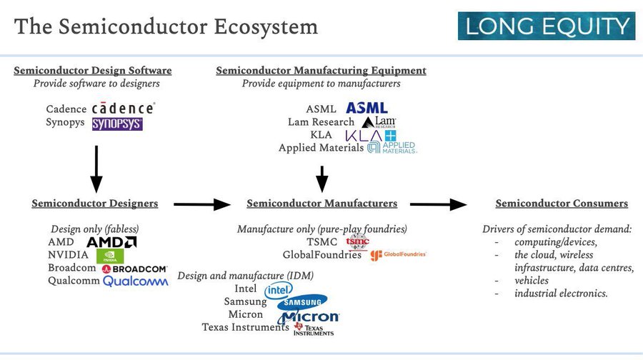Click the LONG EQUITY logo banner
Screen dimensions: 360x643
point(547,26)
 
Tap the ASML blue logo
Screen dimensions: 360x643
point(367,108)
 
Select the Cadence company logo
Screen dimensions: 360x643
point(123,109)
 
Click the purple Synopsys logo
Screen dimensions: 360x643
point(117,124)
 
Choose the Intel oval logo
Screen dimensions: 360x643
point(279,289)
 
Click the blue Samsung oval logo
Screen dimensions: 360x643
point(303,302)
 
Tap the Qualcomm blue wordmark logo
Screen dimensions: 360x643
point(136,281)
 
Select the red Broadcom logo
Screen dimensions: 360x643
point(134,269)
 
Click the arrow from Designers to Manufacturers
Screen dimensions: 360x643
point(202,205)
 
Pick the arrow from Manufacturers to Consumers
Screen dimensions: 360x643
point(448,205)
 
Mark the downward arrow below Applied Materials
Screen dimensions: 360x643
point(322,179)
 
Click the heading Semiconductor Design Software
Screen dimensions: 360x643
point(93,70)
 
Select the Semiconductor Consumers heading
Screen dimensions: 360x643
point(562,204)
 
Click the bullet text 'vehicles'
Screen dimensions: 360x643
point(532,281)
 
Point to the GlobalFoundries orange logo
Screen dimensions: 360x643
point(399,255)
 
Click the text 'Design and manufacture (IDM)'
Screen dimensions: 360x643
point(246,275)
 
